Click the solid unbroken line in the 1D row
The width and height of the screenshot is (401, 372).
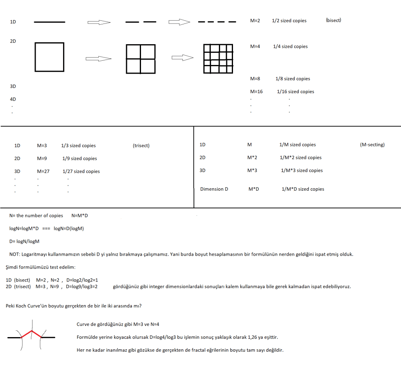(49, 22)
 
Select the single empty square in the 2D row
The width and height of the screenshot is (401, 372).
(49, 57)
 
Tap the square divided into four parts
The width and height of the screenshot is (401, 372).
(141, 59)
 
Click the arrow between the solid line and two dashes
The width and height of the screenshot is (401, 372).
(99, 22)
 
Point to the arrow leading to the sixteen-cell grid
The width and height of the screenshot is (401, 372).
(182, 58)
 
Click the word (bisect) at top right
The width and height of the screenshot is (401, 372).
(333, 20)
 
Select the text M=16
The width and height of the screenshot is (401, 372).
(256, 92)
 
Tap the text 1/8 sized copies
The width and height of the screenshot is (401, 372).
(293, 79)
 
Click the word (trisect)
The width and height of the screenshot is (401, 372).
(141, 146)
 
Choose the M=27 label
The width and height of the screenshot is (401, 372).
(43, 172)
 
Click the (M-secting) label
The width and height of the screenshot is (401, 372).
(372, 145)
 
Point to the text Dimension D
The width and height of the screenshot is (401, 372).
(214, 189)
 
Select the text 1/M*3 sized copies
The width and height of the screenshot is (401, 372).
(302, 171)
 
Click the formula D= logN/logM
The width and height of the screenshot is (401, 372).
(24, 242)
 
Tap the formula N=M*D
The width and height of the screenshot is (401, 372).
(80, 216)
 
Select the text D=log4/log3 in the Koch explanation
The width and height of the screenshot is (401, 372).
(149, 337)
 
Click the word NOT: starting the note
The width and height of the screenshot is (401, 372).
(15, 255)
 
